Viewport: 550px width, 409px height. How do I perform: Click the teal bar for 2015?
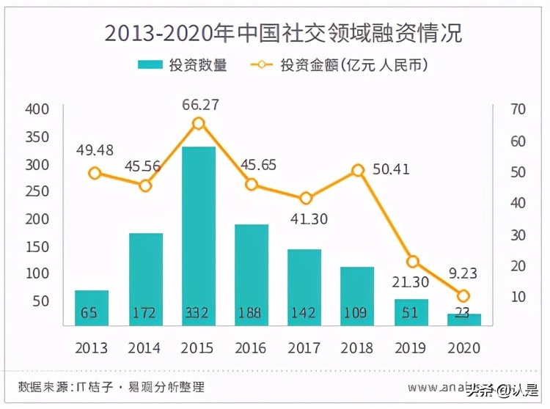click(x=197, y=235)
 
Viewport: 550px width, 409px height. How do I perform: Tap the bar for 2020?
click(x=463, y=320)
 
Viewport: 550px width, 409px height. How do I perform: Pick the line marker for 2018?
click(x=358, y=170)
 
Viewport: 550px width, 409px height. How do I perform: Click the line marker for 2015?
click(x=198, y=123)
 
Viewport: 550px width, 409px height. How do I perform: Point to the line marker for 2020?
click(x=463, y=296)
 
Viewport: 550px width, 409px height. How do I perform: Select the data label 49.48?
click(x=95, y=150)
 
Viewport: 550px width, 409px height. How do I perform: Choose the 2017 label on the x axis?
click(x=304, y=347)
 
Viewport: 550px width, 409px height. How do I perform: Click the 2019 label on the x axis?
click(x=411, y=347)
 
